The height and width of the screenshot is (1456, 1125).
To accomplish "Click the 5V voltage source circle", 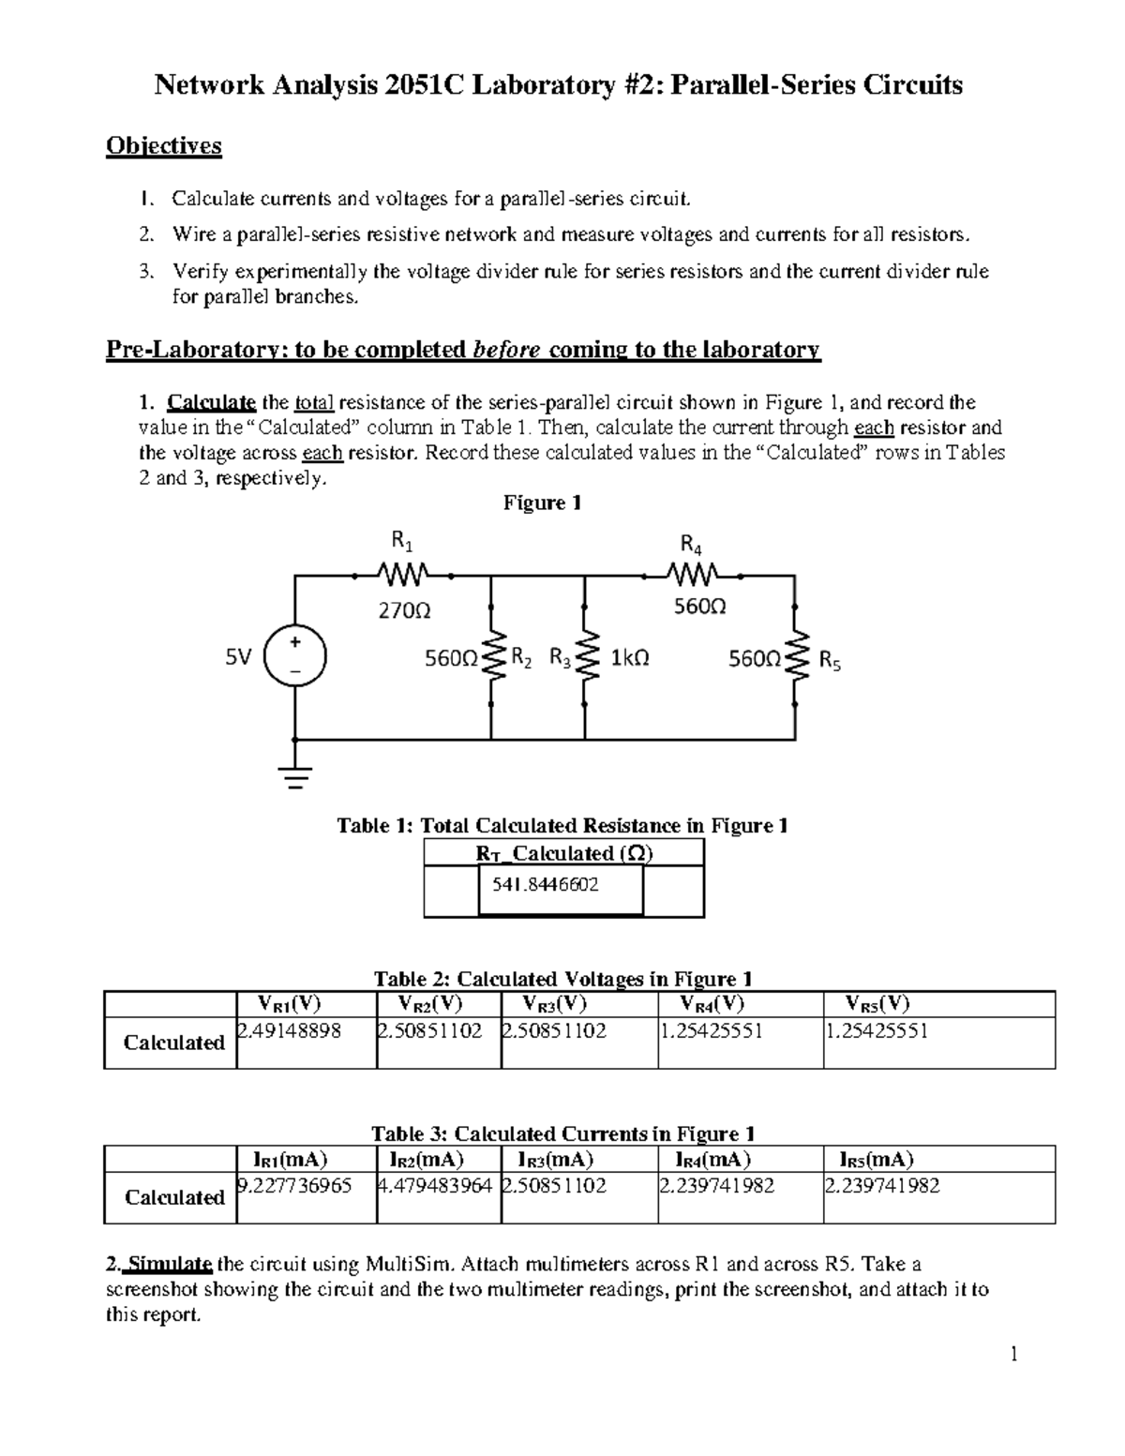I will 295,657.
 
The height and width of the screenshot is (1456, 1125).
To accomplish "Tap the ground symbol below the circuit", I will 296,775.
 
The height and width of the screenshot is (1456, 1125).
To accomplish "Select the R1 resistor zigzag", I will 402,571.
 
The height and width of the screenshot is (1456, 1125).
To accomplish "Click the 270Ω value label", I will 404,610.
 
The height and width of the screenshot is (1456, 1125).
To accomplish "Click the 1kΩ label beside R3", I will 629,658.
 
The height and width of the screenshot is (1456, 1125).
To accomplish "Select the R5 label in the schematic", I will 830,661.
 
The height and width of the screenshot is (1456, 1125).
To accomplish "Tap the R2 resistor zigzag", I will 491,657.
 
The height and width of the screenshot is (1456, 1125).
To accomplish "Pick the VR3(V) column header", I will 554,1004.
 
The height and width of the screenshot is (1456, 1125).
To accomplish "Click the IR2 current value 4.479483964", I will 434,1186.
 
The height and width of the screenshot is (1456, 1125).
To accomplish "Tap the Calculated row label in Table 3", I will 174,1197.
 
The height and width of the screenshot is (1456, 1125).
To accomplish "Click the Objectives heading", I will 164,145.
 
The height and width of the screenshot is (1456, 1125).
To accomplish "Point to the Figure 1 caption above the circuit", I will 542,503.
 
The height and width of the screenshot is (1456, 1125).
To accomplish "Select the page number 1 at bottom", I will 1013,1354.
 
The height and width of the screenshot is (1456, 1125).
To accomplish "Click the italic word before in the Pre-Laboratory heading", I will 507,350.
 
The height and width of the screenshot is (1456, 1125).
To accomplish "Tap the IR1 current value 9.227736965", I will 294,1186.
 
